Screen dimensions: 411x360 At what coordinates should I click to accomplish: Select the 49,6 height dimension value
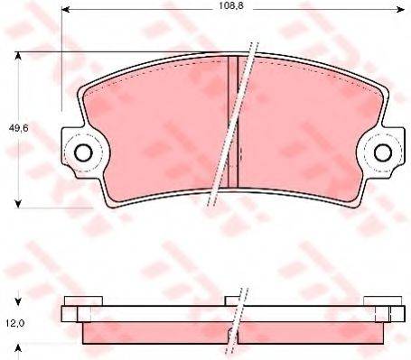tap(19, 128)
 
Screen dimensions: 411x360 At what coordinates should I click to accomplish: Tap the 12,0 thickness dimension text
tap(15, 323)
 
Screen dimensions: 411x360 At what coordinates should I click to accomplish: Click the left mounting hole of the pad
tap(83, 152)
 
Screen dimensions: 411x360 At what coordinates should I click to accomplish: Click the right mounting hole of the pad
tap(382, 152)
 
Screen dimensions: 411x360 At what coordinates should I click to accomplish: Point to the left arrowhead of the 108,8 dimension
tap(65, 10)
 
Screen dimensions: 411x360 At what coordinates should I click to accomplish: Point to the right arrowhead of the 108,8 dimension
tap(401, 10)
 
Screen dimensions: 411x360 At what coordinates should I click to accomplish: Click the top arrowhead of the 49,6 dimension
tap(18, 56)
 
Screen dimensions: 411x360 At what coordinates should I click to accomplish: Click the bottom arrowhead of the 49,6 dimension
tap(18, 204)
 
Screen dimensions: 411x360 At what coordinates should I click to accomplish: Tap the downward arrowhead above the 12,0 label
tap(18, 301)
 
